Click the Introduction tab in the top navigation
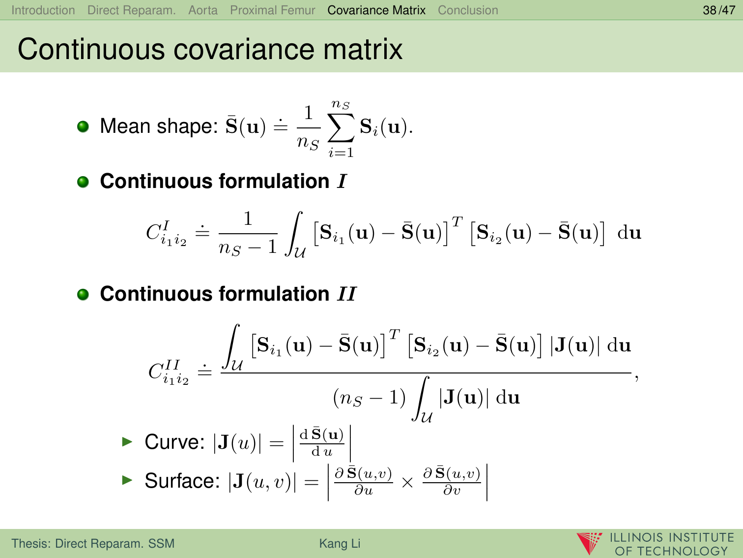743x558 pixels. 43,10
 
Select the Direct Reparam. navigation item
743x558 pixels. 131,10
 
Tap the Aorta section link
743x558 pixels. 203,10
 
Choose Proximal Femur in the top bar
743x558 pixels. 273,10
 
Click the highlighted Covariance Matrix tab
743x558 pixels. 376,10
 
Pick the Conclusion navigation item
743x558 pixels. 468,10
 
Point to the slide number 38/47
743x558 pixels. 719,10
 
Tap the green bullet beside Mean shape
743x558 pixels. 83,127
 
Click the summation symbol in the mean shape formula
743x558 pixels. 341,128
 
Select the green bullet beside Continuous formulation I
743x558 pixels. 83,182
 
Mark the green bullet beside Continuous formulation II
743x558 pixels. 83,294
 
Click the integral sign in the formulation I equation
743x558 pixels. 294,233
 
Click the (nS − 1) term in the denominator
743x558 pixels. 370,398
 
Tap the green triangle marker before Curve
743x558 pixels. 127,441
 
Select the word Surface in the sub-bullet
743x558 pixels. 182,481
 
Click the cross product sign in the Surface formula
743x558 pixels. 407,482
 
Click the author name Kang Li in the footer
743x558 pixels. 340,543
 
